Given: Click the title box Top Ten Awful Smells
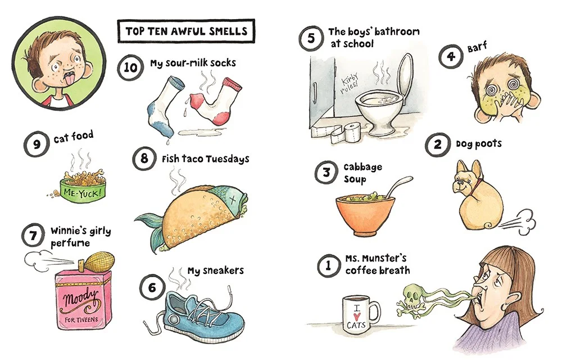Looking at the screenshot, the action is point(186,31).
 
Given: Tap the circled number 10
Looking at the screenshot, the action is point(130,67).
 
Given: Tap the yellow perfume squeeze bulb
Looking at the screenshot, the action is point(101,260).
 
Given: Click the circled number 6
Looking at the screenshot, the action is point(152,287).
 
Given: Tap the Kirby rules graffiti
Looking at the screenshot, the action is point(349,83).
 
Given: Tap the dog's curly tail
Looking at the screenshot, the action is point(488,224).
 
